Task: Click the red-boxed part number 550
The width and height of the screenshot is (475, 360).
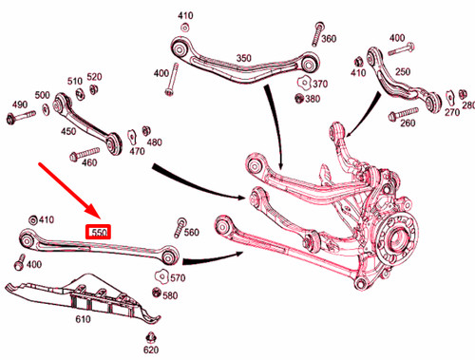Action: pyautogui.click(x=100, y=231)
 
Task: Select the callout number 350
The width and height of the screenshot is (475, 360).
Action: pyautogui.click(x=244, y=58)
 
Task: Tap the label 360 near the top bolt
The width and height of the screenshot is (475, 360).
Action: pyautogui.click(x=329, y=39)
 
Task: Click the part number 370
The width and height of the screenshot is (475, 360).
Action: pyautogui.click(x=320, y=84)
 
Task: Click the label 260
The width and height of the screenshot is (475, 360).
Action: pyautogui.click(x=408, y=123)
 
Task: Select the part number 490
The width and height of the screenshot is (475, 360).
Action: pyautogui.click(x=19, y=104)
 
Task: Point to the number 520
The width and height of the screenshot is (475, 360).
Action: pyautogui.click(x=95, y=76)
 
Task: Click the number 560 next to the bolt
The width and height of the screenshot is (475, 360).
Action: pyautogui.click(x=192, y=233)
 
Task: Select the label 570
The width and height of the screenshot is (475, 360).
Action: pyautogui.click(x=178, y=277)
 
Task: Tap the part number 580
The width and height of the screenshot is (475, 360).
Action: pyautogui.click(x=170, y=295)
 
